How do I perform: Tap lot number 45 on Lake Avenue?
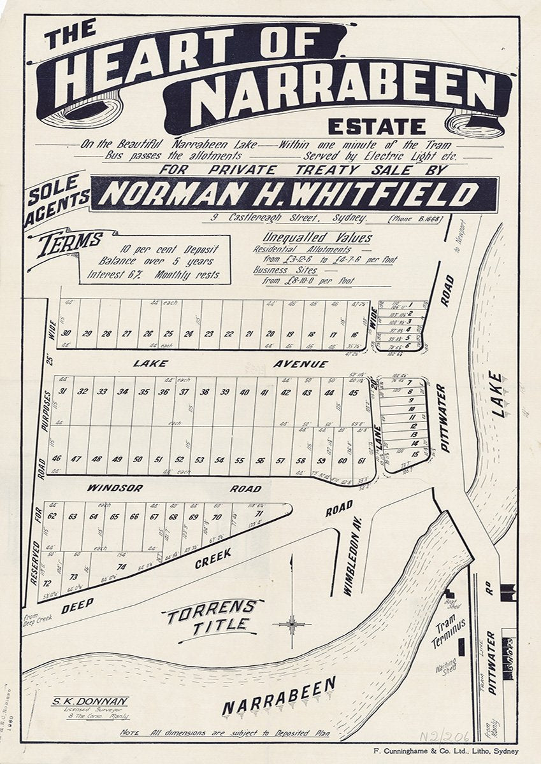[353, 393]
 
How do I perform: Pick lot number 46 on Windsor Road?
[57, 459]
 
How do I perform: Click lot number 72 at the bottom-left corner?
[46, 582]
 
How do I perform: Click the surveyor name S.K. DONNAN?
[90, 701]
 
